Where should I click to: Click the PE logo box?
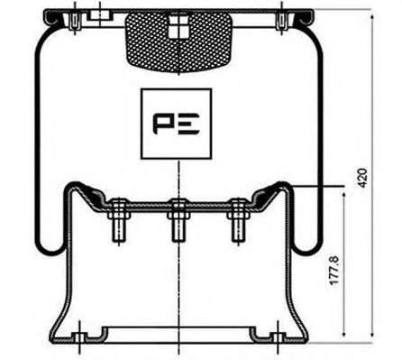(x=177, y=124)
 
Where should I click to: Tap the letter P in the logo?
(x=163, y=125)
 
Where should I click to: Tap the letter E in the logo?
(x=190, y=125)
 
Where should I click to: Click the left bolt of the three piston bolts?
(x=116, y=226)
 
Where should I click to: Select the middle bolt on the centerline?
(x=177, y=226)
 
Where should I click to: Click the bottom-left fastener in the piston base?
(x=80, y=339)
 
